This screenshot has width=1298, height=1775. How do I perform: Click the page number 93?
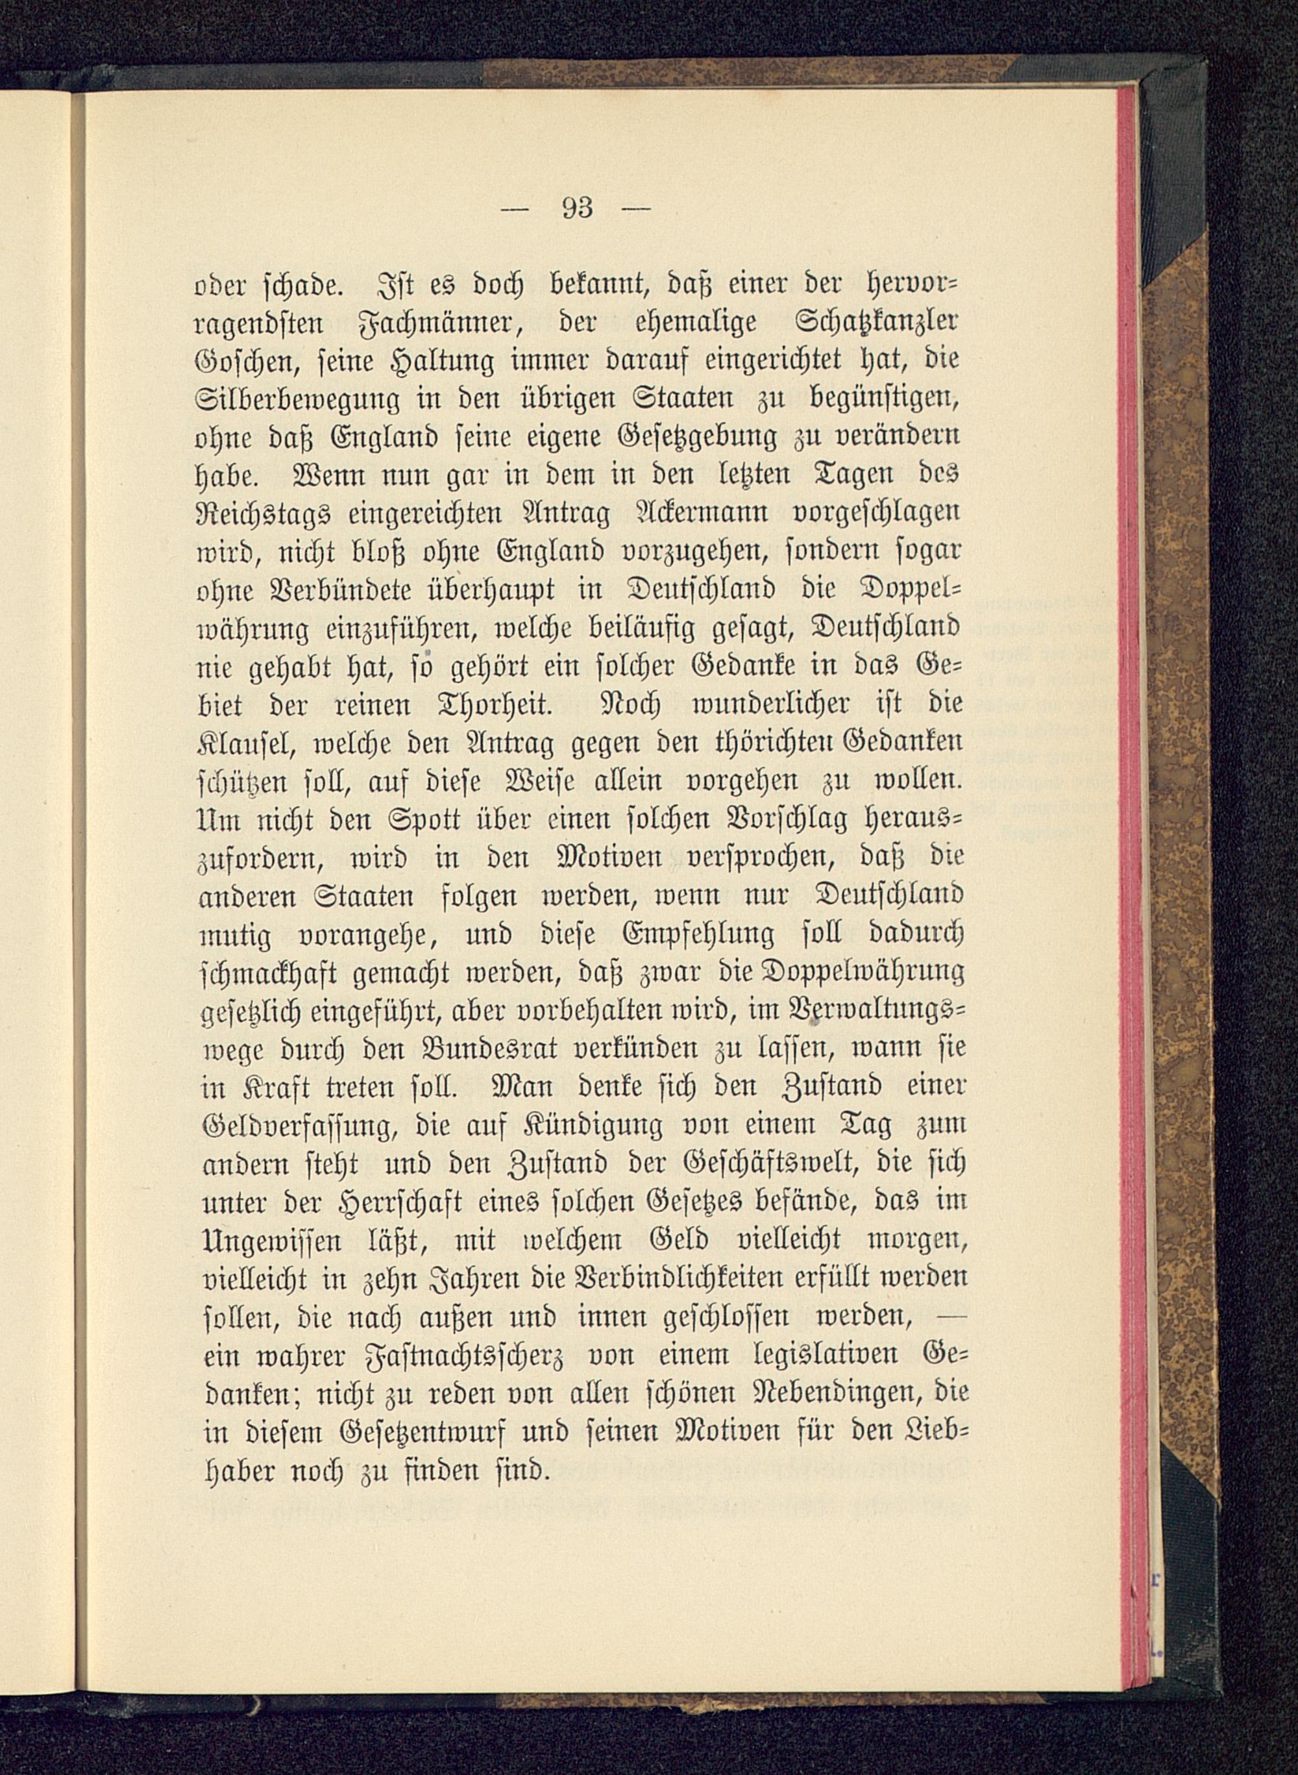point(578,208)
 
